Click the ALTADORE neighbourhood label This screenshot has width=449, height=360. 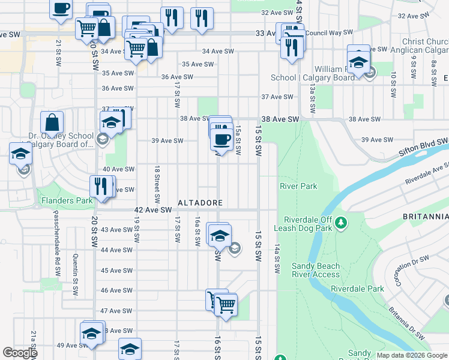pyautogui.click(x=200, y=203)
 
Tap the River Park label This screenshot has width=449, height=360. pyautogui.click(x=298, y=187)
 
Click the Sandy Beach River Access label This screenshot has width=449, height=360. pyautogui.click(x=316, y=270)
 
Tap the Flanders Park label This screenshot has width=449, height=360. pyautogui.click(x=66, y=200)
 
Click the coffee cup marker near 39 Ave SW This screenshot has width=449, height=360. pyautogui.click(x=221, y=139)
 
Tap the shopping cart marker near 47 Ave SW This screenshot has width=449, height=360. pyautogui.click(x=226, y=304)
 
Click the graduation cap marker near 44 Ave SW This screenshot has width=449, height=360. pyautogui.click(x=220, y=235)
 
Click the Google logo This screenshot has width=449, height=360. pyautogui.click(x=20, y=353)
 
